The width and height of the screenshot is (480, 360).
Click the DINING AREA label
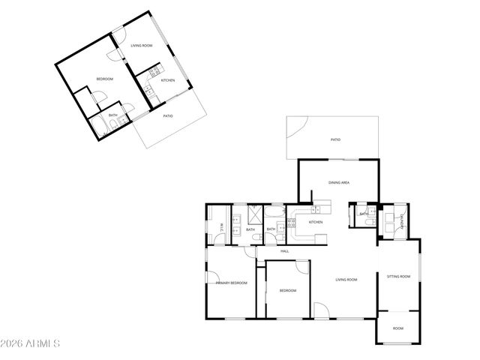[x=339, y=182]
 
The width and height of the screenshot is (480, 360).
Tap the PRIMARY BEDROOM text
[x=232, y=283]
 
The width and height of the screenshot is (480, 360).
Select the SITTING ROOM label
[x=398, y=277]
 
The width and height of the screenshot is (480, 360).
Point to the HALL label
[x=285, y=251]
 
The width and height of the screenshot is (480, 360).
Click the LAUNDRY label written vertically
[x=402, y=222]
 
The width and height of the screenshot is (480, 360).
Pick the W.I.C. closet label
[x=222, y=229]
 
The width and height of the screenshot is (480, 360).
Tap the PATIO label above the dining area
[x=336, y=139]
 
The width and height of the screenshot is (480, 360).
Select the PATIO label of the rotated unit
[x=168, y=115]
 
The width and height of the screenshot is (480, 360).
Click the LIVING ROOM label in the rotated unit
[x=142, y=46]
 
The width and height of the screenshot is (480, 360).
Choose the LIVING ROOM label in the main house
[x=346, y=280]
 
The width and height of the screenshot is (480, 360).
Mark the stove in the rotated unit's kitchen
[x=148, y=92]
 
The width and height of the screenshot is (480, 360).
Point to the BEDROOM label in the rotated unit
[x=104, y=79]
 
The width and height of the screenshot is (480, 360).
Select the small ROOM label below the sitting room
[x=397, y=328]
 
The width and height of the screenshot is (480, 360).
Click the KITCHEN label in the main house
[x=316, y=222]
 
